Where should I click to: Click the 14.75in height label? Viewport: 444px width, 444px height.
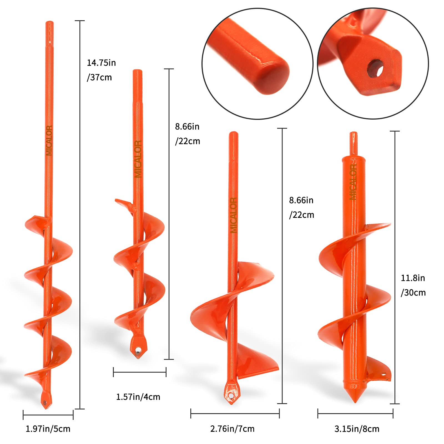101,63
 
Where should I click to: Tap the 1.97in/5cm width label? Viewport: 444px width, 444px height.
48,429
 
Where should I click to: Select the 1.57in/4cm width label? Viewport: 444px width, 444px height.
138,397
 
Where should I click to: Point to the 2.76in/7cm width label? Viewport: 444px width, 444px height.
232,429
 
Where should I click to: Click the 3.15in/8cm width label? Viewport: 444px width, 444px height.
357,429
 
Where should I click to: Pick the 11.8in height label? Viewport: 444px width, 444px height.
413,278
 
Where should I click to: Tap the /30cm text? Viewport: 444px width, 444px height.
413,292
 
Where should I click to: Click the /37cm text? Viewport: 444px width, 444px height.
99,77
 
